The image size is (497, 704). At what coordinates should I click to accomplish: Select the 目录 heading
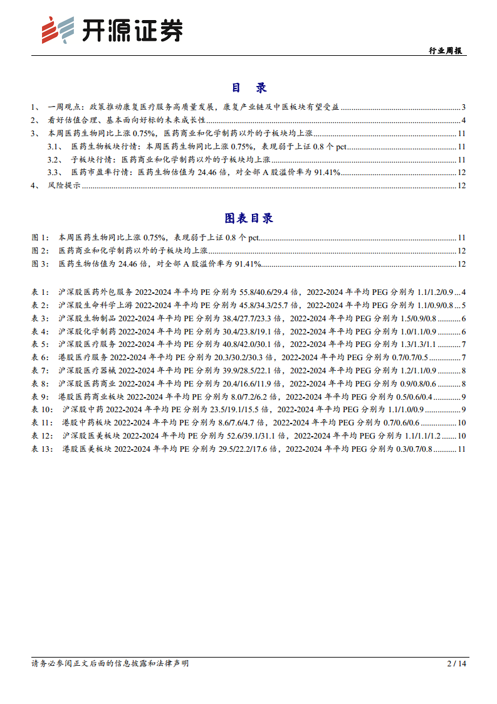click(x=248, y=88)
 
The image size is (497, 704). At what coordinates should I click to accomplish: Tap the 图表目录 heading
click(x=248, y=218)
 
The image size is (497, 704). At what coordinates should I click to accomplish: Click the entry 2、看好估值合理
click(x=119, y=120)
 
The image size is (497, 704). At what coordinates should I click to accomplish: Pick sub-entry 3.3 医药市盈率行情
click(x=201, y=172)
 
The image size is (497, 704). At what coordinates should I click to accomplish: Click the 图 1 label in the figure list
click(x=39, y=238)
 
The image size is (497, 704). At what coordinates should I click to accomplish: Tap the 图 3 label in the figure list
click(x=39, y=264)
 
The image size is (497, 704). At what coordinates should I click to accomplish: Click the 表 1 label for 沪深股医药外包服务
click(x=39, y=292)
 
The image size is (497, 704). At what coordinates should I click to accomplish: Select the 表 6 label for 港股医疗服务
click(x=39, y=357)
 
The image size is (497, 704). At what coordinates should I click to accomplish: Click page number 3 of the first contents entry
click(x=463, y=107)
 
